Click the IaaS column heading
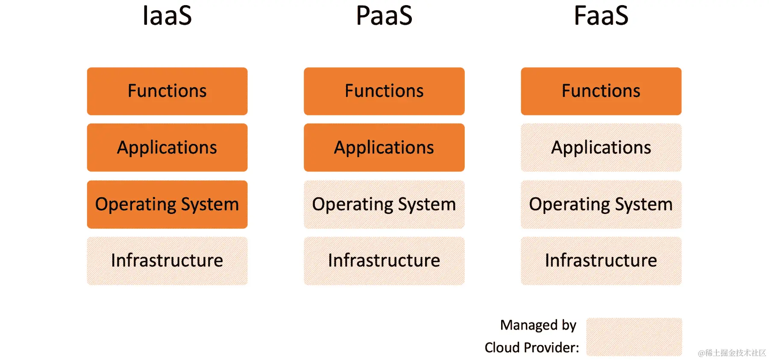tap(167, 16)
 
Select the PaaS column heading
tap(384, 16)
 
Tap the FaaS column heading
tap(601, 16)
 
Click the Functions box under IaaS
tap(167, 91)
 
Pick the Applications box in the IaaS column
tap(167, 147)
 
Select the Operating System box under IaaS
tap(167, 204)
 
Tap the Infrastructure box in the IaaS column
tap(167, 260)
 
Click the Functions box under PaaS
tap(384, 91)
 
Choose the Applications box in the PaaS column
tap(384, 147)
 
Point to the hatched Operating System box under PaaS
tap(384, 204)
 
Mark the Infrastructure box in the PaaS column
tap(384, 260)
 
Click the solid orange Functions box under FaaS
tap(601, 91)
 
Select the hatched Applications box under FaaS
tap(601, 147)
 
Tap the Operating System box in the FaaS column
tap(601, 204)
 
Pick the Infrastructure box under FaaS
tap(601, 260)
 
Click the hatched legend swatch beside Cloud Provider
tap(634, 337)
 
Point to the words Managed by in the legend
tap(538, 325)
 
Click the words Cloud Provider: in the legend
tap(532, 348)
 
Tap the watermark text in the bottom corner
tap(732, 353)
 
